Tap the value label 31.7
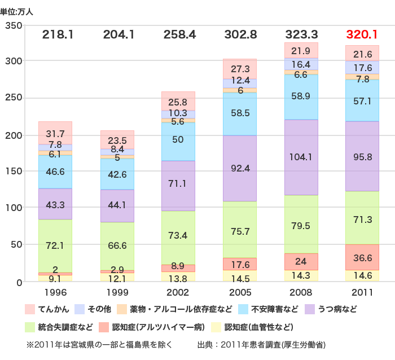(x=55, y=134)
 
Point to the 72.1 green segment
(x=55, y=246)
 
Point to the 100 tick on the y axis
(x=13, y=208)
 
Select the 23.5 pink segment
(x=117, y=140)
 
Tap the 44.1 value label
(x=117, y=205)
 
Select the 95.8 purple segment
(x=362, y=156)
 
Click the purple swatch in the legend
(x=310, y=309)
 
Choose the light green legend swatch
(x=29, y=328)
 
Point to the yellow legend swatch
(x=216, y=328)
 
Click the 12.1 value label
(x=117, y=278)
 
